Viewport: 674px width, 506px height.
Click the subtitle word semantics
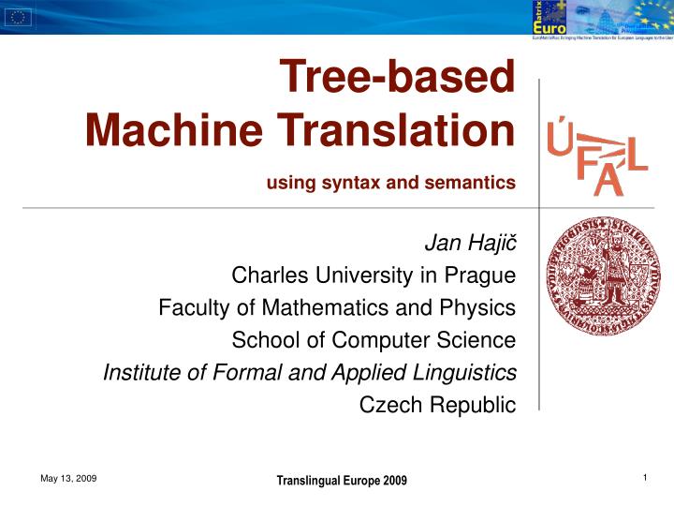(x=470, y=183)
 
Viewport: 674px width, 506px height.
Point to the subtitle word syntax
(x=351, y=183)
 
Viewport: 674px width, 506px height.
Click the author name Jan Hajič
(x=470, y=245)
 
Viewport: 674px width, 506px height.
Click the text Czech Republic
(x=437, y=404)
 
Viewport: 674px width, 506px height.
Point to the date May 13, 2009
(x=68, y=479)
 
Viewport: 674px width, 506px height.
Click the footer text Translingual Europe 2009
(x=342, y=481)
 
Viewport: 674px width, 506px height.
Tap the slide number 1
(x=646, y=479)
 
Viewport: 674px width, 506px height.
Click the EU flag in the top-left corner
(x=19, y=16)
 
